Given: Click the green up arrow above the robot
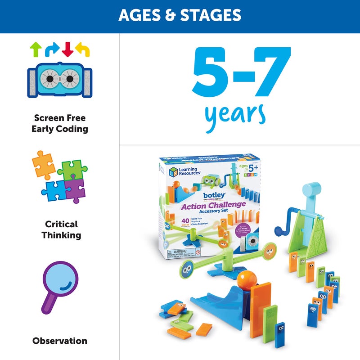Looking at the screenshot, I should pos(35,49).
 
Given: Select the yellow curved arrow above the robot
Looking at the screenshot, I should pos(82,49).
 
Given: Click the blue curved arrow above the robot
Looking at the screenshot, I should pos(52,49).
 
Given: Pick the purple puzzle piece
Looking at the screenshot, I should pos(75,189).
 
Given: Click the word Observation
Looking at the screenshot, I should pos(60,341).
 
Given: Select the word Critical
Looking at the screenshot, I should pos(61,224).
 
